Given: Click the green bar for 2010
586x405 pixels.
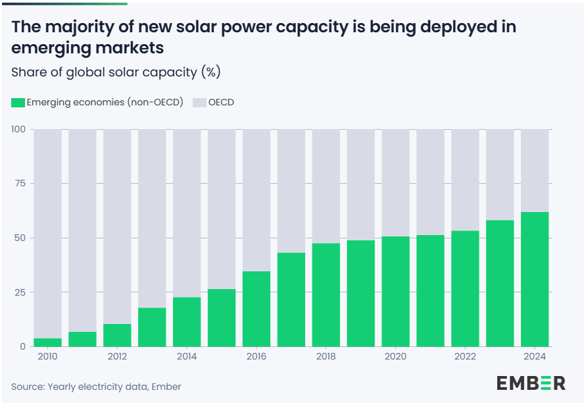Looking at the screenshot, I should pyautogui.click(x=47, y=342).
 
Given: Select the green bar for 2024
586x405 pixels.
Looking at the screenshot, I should pyautogui.click(x=535, y=279).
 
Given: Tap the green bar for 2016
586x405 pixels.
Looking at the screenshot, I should pyautogui.click(x=256, y=309).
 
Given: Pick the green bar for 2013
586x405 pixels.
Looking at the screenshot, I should pyautogui.click(x=152, y=327).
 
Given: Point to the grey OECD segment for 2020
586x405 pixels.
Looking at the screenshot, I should pyautogui.click(x=395, y=183).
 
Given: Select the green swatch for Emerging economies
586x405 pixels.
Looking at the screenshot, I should pyautogui.click(x=18, y=103).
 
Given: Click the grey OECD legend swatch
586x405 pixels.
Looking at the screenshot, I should pyautogui.click(x=198, y=103).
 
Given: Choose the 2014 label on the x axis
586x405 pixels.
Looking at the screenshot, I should pyautogui.click(x=187, y=356).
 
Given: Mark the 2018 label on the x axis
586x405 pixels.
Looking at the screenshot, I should pyautogui.click(x=326, y=356).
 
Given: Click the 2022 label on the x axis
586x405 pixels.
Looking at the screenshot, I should pyautogui.click(x=465, y=356).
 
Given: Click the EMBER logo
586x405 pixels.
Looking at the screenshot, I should pyautogui.click(x=531, y=383).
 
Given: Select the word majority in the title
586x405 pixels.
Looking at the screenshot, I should pyautogui.click(x=77, y=27).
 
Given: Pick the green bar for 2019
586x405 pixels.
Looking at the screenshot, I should pyautogui.click(x=360, y=294).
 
